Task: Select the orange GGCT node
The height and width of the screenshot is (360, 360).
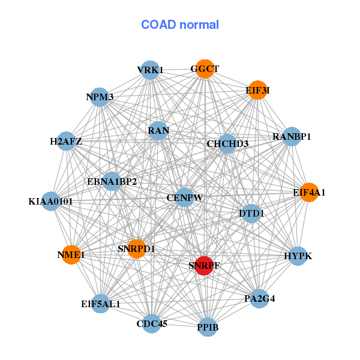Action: point(205,69)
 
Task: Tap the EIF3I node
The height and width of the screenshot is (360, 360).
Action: point(257,91)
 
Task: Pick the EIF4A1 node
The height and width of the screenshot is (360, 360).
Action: point(309,193)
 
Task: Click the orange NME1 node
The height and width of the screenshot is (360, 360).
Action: point(71,254)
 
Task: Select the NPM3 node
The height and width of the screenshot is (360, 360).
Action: point(100,97)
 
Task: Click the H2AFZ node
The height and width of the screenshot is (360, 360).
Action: point(66,142)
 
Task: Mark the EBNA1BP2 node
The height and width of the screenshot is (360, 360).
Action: point(112,181)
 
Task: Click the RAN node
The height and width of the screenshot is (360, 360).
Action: point(158,130)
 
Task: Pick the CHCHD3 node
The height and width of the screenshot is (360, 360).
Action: point(227,144)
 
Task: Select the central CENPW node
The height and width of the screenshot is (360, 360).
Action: point(185,197)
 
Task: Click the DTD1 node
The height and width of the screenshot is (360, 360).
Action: point(251,213)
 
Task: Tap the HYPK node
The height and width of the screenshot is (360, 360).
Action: point(298,256)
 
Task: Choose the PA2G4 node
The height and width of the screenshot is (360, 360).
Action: point(259,298)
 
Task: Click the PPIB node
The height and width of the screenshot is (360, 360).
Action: point(208,327)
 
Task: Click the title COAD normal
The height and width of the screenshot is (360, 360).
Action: point(180,25)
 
